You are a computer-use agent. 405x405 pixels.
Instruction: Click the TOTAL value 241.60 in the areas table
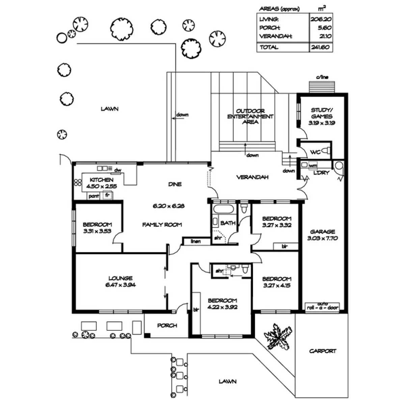(320, 47)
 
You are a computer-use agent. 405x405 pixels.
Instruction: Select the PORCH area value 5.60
(324, 28)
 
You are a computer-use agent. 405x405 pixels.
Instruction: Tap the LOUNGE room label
(120, 278)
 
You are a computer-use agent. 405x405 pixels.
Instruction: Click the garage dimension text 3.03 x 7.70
(322, 238)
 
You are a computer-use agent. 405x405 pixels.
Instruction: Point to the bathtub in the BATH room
(223, 209)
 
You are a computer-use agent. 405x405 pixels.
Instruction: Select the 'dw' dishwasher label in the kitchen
(118, 170)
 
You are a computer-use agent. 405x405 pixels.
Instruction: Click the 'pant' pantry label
(93, 196)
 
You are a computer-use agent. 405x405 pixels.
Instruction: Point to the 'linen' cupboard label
(195, 241)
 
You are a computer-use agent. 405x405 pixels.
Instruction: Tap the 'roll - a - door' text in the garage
(323, 308)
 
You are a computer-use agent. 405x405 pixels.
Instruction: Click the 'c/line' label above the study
(322, 77)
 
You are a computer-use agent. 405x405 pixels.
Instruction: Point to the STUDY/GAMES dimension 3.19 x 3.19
(322, 123)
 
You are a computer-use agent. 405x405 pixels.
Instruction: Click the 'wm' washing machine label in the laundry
(313, 165)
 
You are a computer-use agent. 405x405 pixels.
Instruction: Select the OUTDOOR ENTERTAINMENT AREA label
(250, 116)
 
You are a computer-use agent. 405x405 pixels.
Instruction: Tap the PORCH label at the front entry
(167, 325)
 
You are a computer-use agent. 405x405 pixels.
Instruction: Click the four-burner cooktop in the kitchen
(78, 182)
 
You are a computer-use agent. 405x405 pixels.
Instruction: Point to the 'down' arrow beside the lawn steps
(176, 118)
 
